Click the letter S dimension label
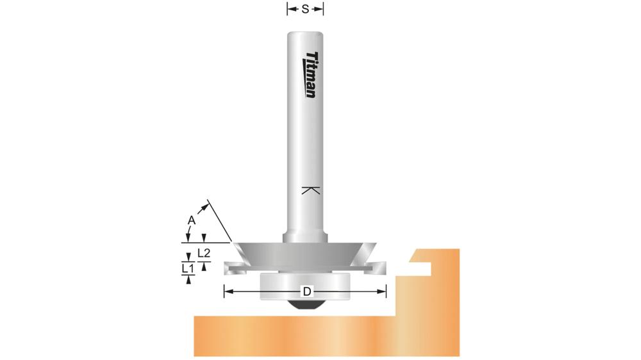[305, 9]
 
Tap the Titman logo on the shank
[311, 75]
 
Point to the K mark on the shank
[310, 191]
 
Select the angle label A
[190, 220]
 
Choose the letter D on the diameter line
[306, 292]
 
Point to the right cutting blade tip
[383, 263]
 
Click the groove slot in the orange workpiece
[420, 263]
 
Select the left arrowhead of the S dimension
[289, 9]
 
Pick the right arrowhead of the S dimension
[320, 9]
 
